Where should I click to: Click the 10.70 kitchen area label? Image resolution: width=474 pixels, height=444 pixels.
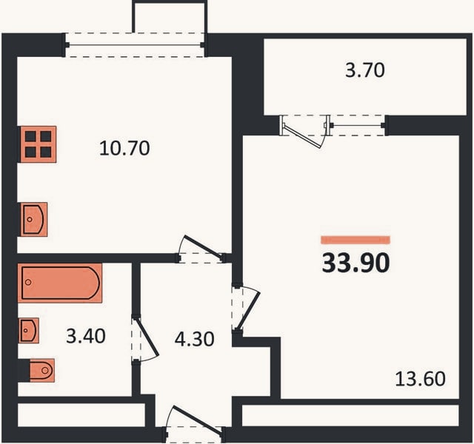tap(124, 148)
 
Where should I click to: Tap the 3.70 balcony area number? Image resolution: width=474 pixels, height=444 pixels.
tap(365, 70)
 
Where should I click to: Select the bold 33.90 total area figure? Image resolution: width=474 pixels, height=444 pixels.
tap(355, 263)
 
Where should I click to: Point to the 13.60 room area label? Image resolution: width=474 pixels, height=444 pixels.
tap(420, 379)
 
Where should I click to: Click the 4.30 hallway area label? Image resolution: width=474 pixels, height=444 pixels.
tap(194, 339)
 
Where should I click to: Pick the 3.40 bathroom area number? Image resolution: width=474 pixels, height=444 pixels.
tap(86, 336)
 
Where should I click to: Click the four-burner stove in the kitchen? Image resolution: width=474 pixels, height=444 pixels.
tap(38, 144)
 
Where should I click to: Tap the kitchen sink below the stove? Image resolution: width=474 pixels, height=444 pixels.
tap(34, 219)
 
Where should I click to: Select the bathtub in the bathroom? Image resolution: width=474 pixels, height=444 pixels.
tap(60, 283)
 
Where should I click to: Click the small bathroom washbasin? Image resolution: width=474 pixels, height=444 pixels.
tap(29, 331)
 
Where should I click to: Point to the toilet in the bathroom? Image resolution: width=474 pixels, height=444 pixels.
tap(42, 370)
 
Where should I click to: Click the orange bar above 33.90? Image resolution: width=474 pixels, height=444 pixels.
tap(355, 240)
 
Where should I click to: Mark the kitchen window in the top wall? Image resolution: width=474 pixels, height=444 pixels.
tap(135, 45)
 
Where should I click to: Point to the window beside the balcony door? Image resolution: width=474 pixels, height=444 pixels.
tap(358, 125)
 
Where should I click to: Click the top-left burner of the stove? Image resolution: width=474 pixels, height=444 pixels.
tap(30, 136)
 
